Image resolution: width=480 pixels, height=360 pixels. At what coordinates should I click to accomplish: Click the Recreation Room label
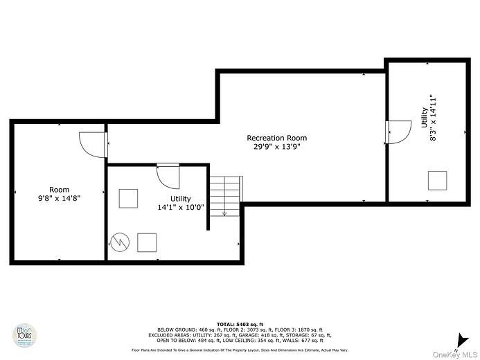(276, 138)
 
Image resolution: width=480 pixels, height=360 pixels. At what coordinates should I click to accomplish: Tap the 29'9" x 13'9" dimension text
(276, 146)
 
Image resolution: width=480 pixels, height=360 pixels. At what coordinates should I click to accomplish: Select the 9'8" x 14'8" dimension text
(59, 197)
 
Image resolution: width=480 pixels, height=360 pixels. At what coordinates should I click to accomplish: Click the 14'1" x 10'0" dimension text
(181, 207)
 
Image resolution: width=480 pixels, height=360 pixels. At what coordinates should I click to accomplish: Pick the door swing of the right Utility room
(398, 132)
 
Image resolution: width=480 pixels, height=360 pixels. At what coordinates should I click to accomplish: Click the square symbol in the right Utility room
(438, 180)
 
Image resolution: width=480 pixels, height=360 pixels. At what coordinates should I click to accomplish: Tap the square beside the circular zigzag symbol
(147, 242)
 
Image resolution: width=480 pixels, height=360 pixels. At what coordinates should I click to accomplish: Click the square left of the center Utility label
(129, 198)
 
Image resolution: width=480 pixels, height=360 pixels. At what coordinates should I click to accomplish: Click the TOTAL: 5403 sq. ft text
(240, 324)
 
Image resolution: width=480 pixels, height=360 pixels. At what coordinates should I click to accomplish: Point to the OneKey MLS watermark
(454, 354)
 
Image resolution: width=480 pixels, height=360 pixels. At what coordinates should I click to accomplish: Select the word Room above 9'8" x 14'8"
(59, 189)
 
